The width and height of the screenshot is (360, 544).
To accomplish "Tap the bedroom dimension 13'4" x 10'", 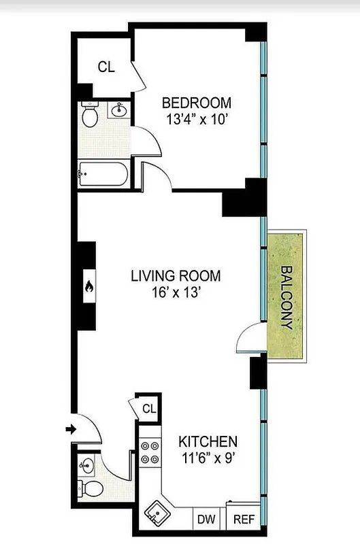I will pos(196,118).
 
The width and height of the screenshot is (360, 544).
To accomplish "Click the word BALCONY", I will pos(286,296).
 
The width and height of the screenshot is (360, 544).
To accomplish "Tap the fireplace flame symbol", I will pos(87,289).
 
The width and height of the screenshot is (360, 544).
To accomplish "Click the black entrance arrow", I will pos(71,429).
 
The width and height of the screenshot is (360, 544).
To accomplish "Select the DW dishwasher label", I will pos(206,520).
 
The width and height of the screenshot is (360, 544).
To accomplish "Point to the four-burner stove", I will pos(150,453).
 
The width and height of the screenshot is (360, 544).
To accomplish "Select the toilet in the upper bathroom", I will pos(89,116).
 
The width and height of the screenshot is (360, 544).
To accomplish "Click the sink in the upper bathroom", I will pos(120,109).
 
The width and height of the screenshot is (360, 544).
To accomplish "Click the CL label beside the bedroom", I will pos(105,67).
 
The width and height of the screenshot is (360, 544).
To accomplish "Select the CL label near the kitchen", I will pos(149,409).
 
